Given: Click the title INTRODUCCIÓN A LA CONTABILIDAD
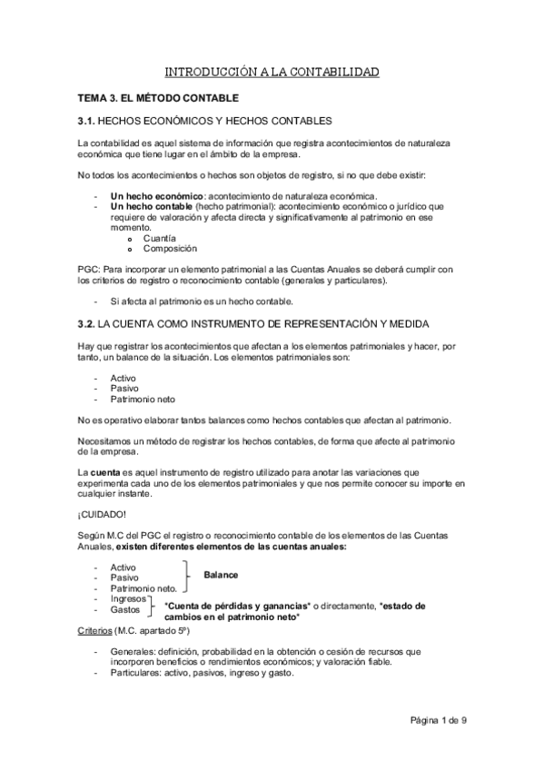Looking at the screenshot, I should (272, 72).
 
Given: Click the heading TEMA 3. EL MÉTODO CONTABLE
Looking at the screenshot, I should (158, 97).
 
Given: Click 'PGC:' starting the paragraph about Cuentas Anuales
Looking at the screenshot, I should (88, 270).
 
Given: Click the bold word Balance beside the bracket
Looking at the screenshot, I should (222, 576).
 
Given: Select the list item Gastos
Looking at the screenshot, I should (127, 610).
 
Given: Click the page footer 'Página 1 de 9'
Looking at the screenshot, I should (437, 721).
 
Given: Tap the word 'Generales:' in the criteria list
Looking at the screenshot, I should (134, 653).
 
